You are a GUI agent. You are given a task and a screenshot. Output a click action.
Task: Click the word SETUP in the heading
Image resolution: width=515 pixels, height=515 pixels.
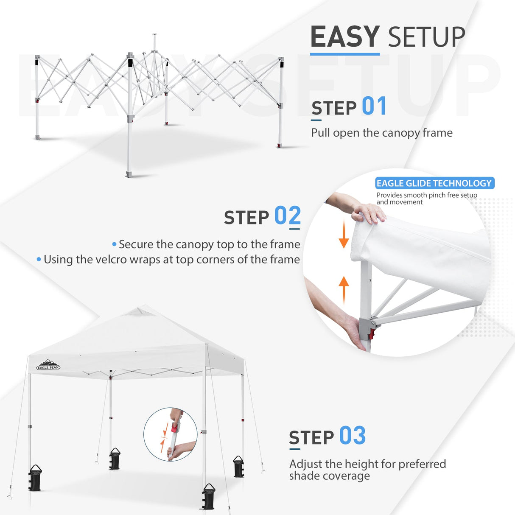tap(426, 37)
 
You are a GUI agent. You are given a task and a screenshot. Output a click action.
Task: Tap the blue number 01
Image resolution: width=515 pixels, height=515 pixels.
tap(374, 106)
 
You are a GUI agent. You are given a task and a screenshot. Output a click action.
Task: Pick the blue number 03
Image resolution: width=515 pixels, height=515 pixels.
tap(352, 436)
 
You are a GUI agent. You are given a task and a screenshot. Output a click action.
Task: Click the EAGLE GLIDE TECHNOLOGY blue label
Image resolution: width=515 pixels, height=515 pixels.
tap(434, 183)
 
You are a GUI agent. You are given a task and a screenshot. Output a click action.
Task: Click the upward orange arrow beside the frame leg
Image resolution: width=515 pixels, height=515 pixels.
tap(344, 288)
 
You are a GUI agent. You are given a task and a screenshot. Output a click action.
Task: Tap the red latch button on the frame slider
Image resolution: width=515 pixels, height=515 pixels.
tap(372, 333)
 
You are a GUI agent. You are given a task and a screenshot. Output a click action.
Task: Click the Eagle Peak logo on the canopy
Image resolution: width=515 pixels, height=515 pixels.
tap(48, 365)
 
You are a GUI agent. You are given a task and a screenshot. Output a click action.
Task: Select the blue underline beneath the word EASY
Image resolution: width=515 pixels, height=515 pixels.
tap(344, 54)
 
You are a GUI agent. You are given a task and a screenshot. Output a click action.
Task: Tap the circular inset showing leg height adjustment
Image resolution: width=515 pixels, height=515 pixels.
tap(170, 434)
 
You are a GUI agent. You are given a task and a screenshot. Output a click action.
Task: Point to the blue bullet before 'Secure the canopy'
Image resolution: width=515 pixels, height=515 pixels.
tap(114, 244)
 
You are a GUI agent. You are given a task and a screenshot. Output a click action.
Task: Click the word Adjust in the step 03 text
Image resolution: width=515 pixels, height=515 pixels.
tap(304, 464)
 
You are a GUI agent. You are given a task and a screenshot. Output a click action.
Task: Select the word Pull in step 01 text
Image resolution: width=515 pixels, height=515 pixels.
tap(320, 133)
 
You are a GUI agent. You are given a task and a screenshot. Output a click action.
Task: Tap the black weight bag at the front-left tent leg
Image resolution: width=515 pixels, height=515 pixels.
tap(35, 479)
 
